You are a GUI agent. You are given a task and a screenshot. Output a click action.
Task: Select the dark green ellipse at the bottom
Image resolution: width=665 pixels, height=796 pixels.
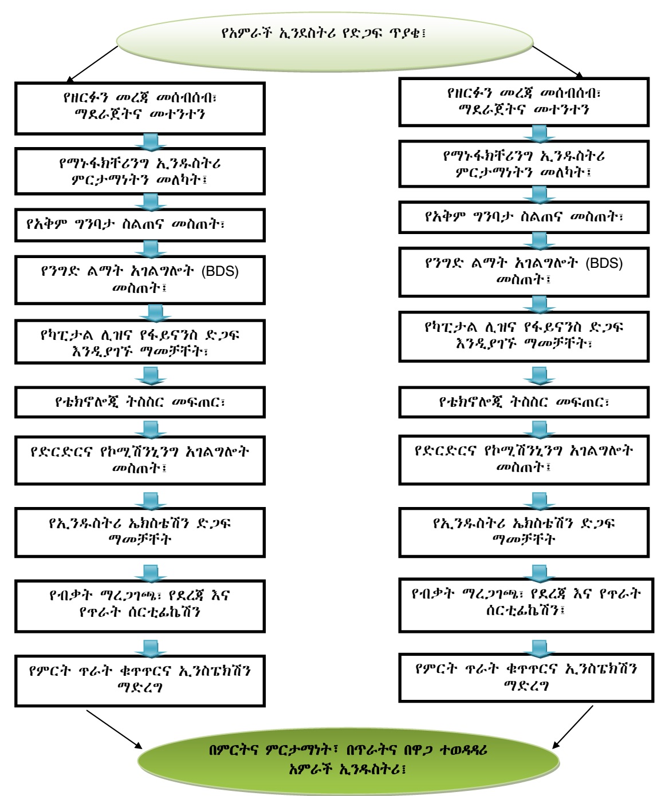pyautogui.click(x=348, y=759)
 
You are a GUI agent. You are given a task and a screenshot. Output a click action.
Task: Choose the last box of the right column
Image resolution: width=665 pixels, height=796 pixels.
pyautogui.click(x=526, y=678)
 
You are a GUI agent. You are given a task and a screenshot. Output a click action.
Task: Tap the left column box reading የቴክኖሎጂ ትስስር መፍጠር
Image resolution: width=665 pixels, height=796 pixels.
pyautogui.click(x=140, y=402)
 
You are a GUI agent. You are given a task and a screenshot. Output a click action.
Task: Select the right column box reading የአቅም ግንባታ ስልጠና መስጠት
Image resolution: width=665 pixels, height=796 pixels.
pyautogui.click(x=524, y=217)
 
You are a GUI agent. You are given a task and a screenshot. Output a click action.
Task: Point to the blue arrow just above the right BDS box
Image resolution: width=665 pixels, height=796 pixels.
pyautogui.click(x=539, y=240)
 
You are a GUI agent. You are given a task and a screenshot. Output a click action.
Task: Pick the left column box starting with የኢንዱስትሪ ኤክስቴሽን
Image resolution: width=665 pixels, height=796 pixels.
pyautogui.click(x=140, y=532)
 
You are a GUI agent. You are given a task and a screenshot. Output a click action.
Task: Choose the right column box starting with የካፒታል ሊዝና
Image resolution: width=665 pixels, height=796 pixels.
pyautogui.click(x=524, y=336)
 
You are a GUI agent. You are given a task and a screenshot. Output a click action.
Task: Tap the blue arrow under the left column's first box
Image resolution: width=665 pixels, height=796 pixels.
pyautogui.click(x=151, y=141)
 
